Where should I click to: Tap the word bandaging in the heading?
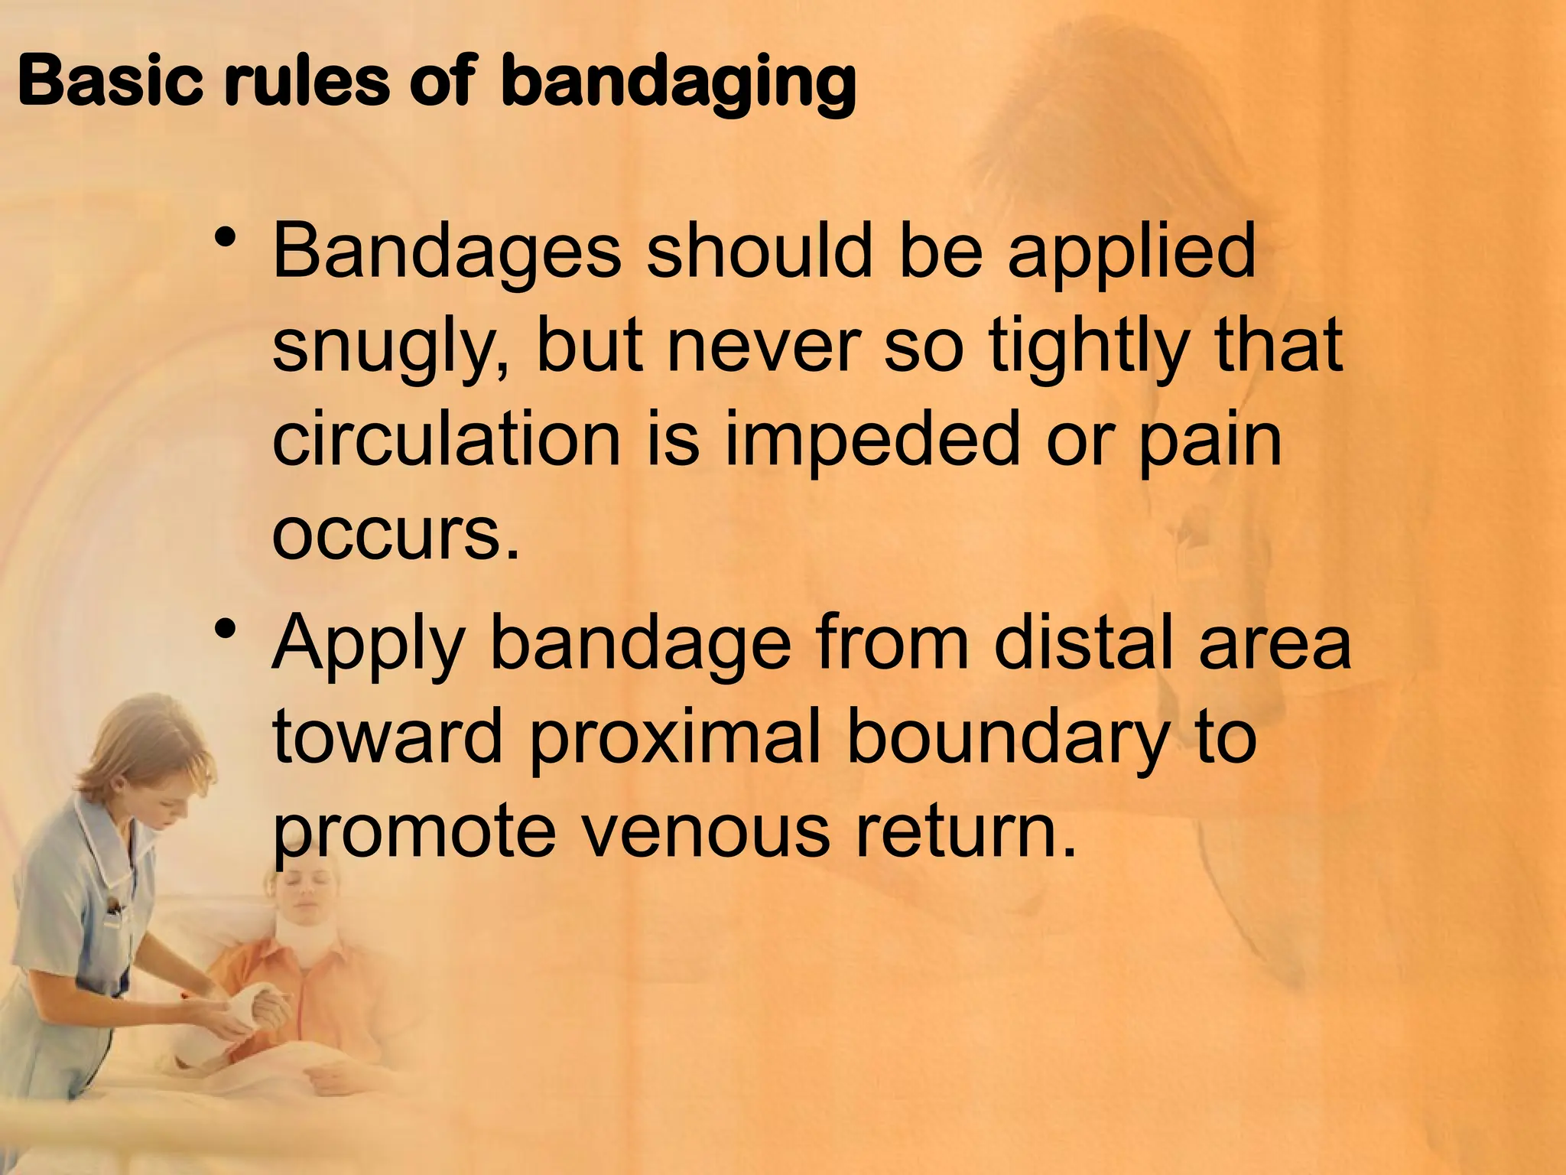pyautogui.click(x=677, y=84)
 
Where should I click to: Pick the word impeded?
pyautogui.click(x=872, y=444)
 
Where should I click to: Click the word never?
pyautogui.click(x=765, y=348)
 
